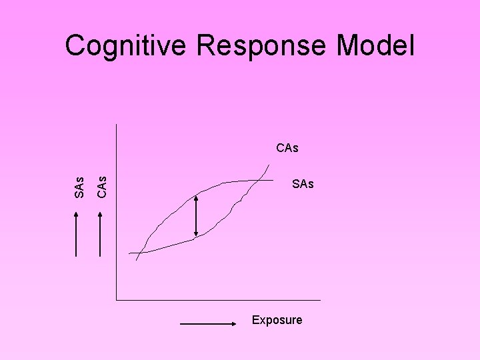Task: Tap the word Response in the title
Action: (261, 47)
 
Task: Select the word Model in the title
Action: (376, 47)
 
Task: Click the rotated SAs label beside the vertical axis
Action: (79, 187)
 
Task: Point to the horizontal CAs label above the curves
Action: (287, 148)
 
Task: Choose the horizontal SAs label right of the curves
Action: (303, 184)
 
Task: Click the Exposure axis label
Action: (277, 320)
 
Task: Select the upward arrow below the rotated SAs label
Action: (77, 233)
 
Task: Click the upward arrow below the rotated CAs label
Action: (100, 233)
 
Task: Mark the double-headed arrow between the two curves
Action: (196, 215)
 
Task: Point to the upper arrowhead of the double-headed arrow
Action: (196, 197)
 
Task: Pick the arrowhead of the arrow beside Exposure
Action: (235, 324)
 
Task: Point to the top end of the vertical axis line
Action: (116, 124)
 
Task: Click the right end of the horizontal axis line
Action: (320, 299)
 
